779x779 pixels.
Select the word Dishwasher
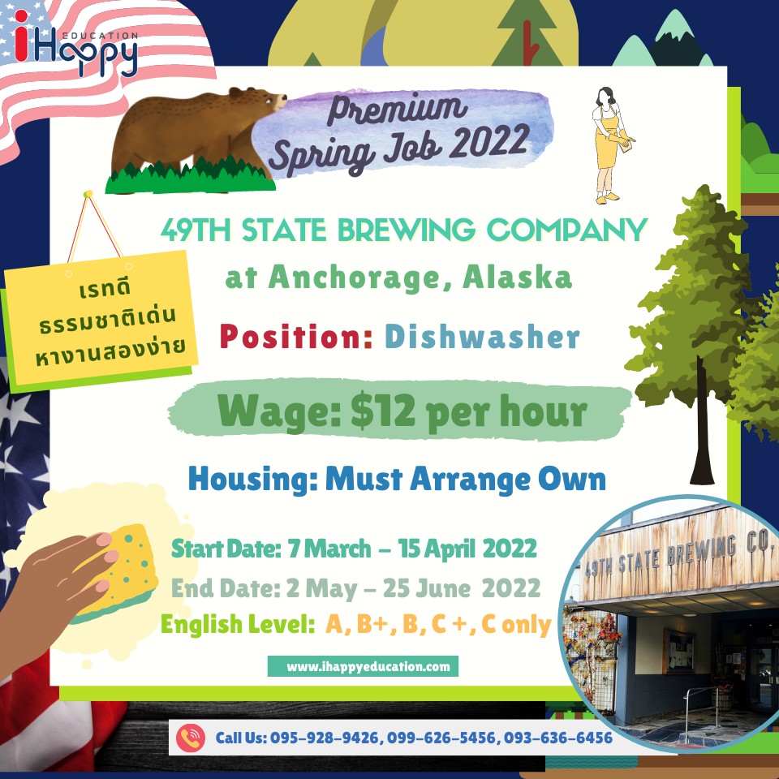(x=482, y=337)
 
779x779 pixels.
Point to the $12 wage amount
(x=382, y=411)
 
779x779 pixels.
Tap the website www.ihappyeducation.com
(x=368, y=666)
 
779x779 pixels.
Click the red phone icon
(x=190, y=738)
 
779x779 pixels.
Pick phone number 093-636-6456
(x=558, y=738)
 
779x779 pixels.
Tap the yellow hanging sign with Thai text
(x=101, y=318)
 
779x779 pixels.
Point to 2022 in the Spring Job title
(x=491, y=140)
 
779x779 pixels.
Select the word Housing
(x=253, y=480)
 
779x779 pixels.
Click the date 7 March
(x=329, y=549)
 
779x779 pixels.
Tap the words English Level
(x=238, y=625)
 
